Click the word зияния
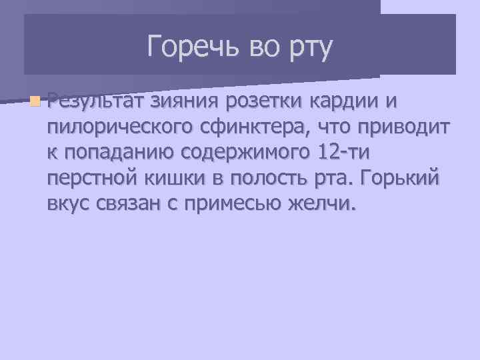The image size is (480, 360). click(x=186, y=101)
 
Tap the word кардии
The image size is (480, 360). click(x=343, y=101)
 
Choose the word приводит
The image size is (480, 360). click(x=401, y=127)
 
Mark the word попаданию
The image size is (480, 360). click(x=118, y=152)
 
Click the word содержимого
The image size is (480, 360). click(x=243, y=152)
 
